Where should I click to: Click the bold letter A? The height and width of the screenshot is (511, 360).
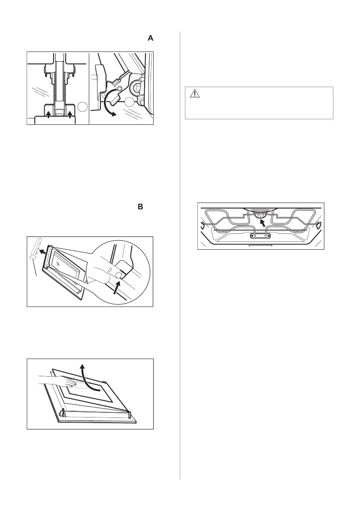pos(150,39)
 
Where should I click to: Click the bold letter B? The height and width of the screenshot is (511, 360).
pos(140,207)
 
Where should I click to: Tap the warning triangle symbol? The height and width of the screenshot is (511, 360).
pos(194,94)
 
